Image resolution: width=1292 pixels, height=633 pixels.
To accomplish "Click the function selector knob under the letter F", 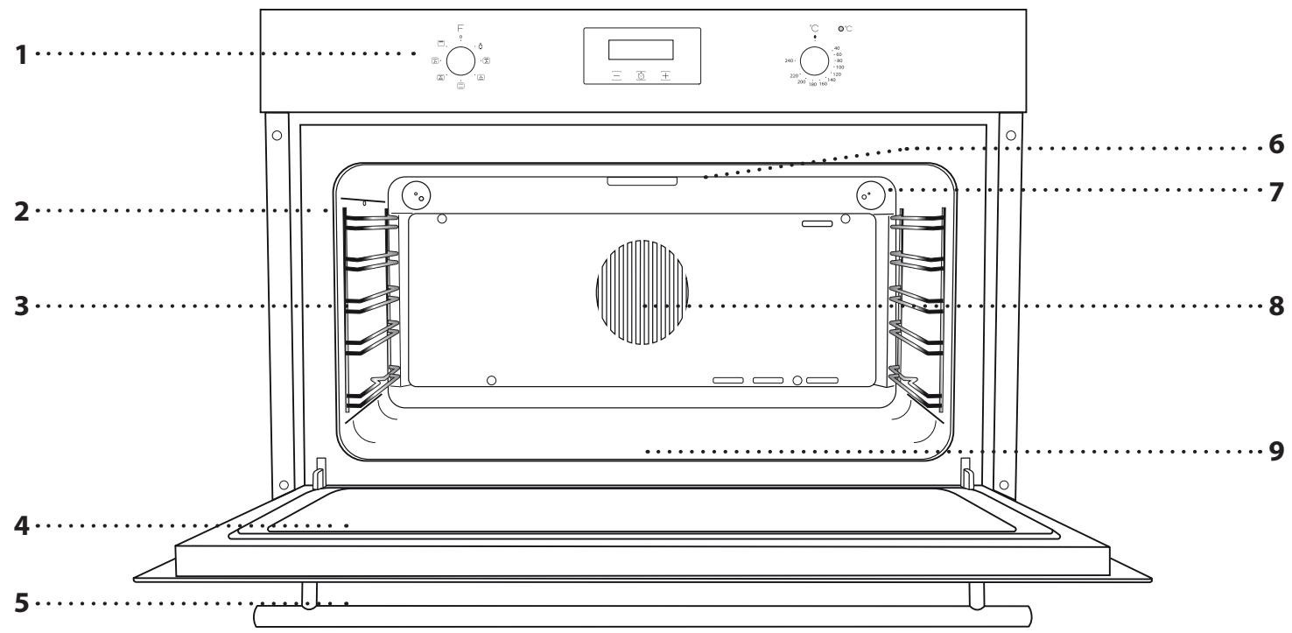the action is pyautogui.click(x=460, y=60).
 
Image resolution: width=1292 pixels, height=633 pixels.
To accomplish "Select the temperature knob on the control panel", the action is pyautogui.click(x=815, y=61).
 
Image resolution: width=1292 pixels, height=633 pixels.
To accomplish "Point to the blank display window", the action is pyautogui.click(x=641, y=50).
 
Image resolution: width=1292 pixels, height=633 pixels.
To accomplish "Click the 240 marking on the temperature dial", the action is pyautogui.click(x=789, y=61).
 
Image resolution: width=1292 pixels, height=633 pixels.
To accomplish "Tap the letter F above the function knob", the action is pyautogui.click(x=460, y=29).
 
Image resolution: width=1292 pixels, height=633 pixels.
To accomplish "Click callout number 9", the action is pyautogui.click(x=1275, y=452).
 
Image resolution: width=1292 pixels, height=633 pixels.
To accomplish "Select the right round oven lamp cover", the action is pyautogui.click(x=868, y=194).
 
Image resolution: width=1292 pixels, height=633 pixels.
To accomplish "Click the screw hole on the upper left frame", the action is pyautogui.click(x=277, y=136).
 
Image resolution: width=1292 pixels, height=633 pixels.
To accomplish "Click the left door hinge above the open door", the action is pyautogui.click(x=319, y=474).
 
